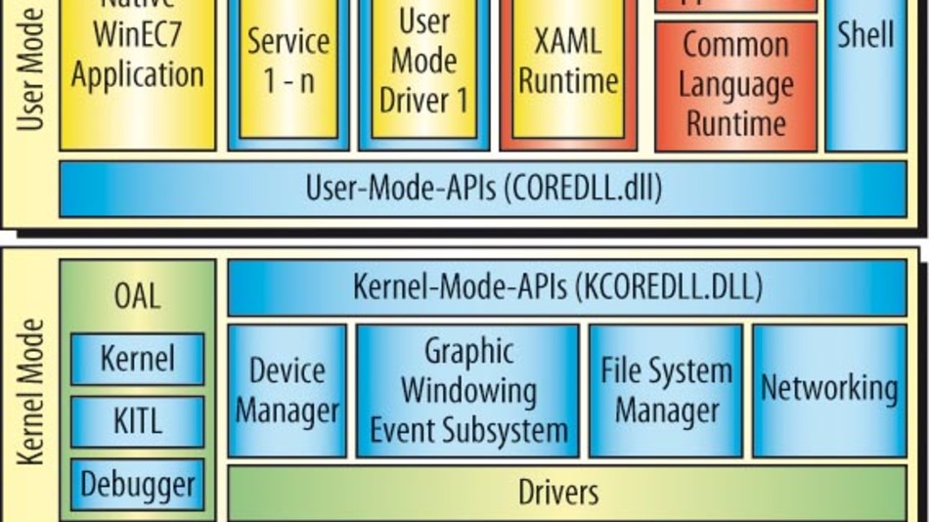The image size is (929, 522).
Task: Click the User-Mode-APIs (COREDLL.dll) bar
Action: [483, 188]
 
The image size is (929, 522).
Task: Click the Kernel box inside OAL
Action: [137, 359]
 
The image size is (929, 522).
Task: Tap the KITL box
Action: [137, 421]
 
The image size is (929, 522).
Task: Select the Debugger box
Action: [137, 484]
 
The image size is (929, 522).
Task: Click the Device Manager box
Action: [288, 391]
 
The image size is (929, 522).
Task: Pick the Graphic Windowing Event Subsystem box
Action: [467, 391]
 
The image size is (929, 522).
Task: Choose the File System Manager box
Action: [665, 391]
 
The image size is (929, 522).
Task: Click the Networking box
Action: [829, 389]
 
